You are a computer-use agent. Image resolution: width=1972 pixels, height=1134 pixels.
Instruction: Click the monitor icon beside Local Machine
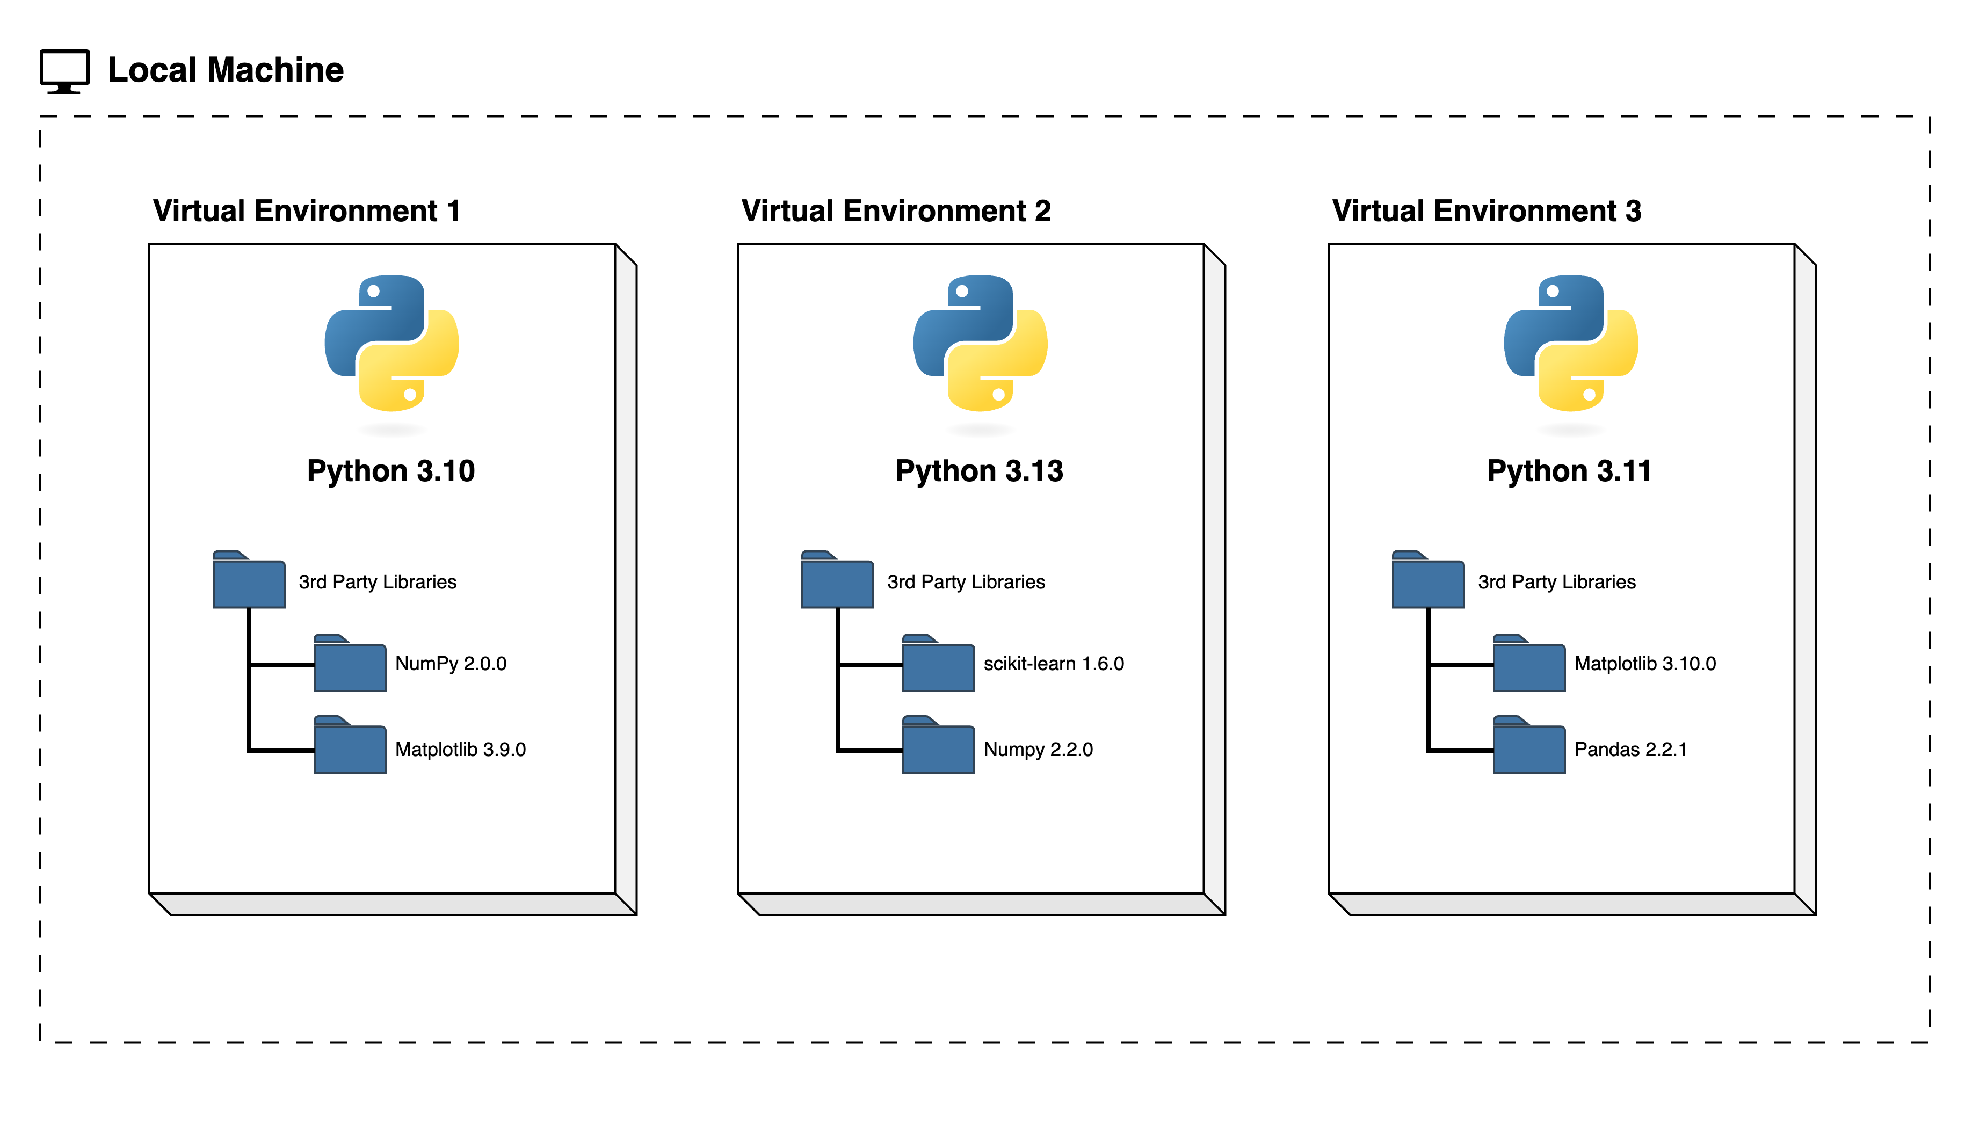(x=64, y=71)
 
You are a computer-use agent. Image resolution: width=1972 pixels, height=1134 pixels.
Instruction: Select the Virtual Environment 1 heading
(x=306, y=211)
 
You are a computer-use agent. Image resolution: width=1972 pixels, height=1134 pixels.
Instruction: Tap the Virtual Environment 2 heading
(x=896, y=211)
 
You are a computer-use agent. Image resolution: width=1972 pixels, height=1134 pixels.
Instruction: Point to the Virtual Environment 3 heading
(x=1486, y=211)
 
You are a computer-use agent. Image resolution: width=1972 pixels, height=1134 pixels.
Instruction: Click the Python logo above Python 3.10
(x=392, y=343)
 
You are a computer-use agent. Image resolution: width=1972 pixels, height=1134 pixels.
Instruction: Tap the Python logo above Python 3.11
(x=1570, y=343)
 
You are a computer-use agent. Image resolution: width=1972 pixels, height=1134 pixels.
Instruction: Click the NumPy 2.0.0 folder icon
(x=350, y=664)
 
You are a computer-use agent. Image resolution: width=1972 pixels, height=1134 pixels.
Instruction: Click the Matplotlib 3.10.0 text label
(x=1645, y=664)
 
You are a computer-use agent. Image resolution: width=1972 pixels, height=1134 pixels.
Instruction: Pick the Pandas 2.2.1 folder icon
(x=1529, y=745)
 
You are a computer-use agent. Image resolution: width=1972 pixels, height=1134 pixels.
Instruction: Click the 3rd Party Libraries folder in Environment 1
(x=249, y=580)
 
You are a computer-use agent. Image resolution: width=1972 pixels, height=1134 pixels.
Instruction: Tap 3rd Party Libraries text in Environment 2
(x=966, y=582)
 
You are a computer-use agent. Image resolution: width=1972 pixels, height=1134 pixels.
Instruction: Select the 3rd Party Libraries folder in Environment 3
(x=1427, y=580)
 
